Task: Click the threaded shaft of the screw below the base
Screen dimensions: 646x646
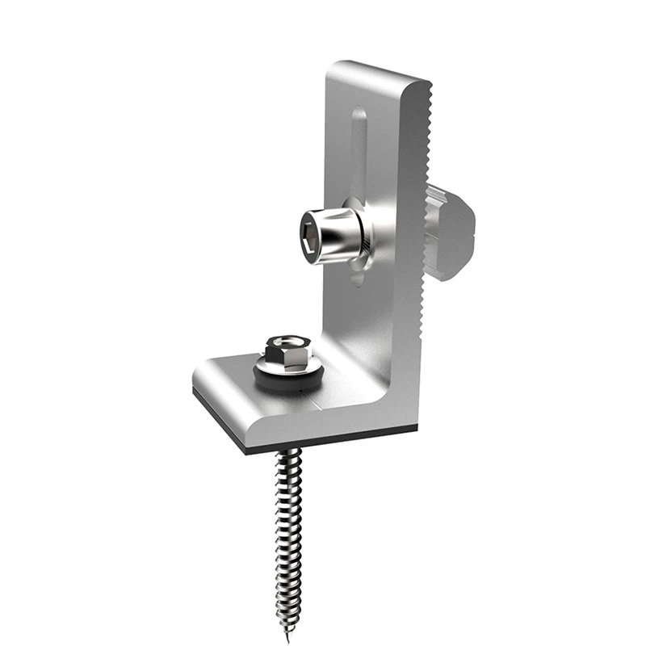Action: click(x=289, y=525)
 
